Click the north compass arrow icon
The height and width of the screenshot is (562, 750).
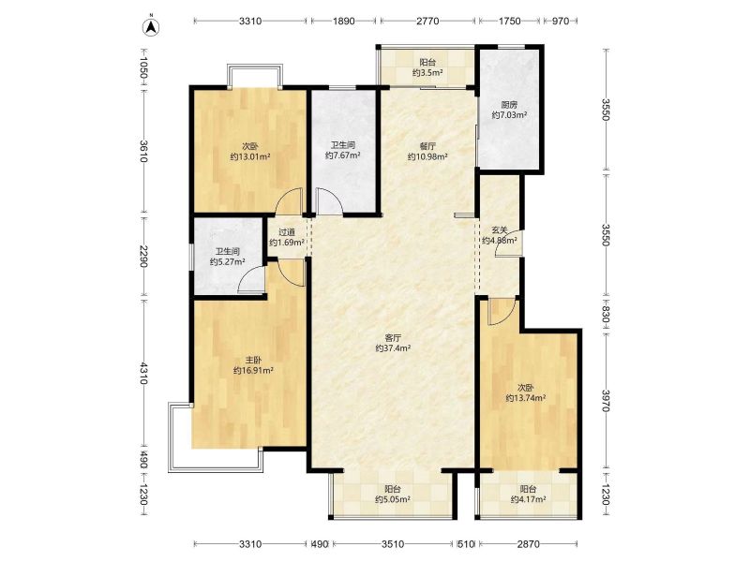pyautogui.click(x=152, y=26)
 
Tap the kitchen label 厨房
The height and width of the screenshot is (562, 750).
pyautogui.click(x=509, y=105)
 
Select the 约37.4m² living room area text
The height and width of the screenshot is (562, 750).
pyautogui.click(x=393, y=348)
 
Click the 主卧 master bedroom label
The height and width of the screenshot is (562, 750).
pyautogui.click(x=253, y=360)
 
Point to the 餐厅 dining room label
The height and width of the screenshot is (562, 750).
pyautogui.click(x=427, y=146)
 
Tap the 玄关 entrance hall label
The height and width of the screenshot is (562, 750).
pyautogui.click(x=500, y=229)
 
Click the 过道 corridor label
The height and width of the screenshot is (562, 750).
pyautogui.click(x=287, y=232)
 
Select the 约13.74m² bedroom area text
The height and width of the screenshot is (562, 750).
pyautogui.click(x=526, y=397)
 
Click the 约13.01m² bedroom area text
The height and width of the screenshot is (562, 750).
pyautogui.click(x=250, y=156)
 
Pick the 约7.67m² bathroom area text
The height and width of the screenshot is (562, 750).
pyautogui.click(x=342, y=155)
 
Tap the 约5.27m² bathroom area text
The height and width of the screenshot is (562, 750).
pyautogui.click(x=228, y=261)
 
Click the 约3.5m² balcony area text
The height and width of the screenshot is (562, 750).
pyautogui.click(x=427, y=73)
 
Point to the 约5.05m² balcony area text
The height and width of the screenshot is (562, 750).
pyautogui.click(x=392, y=499)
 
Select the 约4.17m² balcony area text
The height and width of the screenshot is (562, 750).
pyautogui.click(x=528, y=499)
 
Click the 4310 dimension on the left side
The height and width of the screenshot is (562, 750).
pyautogui.click(x=143, y=373)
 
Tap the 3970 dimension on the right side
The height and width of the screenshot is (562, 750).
pyautogui.click(x=606, y=401)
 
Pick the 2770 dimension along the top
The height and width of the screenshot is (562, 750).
pyautogui.click(x=427, y=21)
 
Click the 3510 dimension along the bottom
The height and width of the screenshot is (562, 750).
pyautogui.click(x=393, y=544)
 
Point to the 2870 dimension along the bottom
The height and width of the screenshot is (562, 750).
pyautogui.click(x=529, y=544)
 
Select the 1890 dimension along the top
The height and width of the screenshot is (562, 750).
pyautogui.click(x=343, y=21)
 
